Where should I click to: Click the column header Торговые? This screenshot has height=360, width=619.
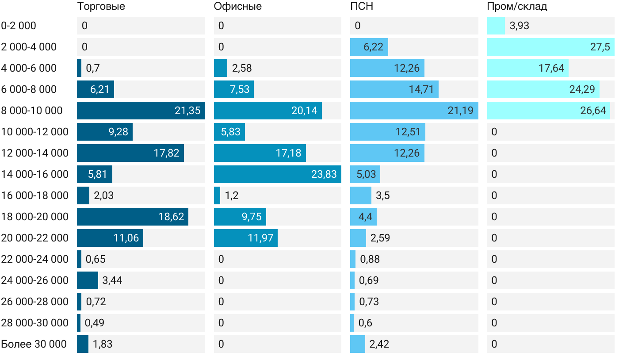click(x=101, y=7)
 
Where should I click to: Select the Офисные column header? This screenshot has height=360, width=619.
click(x=237, y=7)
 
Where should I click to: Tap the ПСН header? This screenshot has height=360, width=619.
click(x=359, y=7)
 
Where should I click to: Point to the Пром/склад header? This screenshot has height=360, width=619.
click(x=517, y=7)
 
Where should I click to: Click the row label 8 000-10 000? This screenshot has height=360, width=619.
click(x=32, y=111)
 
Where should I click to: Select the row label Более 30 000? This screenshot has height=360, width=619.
click(x=34, y=344)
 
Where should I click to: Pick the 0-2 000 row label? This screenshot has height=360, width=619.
click(x=19, y=26)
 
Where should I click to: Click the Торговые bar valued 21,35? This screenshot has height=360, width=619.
click(x=141, y=111)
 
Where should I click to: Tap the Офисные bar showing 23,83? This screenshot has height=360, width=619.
click(x=277, y=174)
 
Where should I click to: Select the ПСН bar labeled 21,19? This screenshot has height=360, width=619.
click(x=414, y=111)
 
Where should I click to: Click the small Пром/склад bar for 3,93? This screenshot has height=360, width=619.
click(x=496, y=26)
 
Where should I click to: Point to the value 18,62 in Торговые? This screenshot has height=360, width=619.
click(x=171, y=217)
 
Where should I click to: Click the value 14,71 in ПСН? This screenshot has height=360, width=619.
click(x=421, y=89)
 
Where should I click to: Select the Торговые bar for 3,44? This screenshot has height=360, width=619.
click(x=87, y=280)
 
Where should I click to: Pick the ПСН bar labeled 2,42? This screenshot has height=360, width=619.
click(x=357, y=344)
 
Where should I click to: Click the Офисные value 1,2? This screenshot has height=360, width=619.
click(x=232, y=195)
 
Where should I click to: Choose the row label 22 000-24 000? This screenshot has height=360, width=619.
click(x=35, y=259)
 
